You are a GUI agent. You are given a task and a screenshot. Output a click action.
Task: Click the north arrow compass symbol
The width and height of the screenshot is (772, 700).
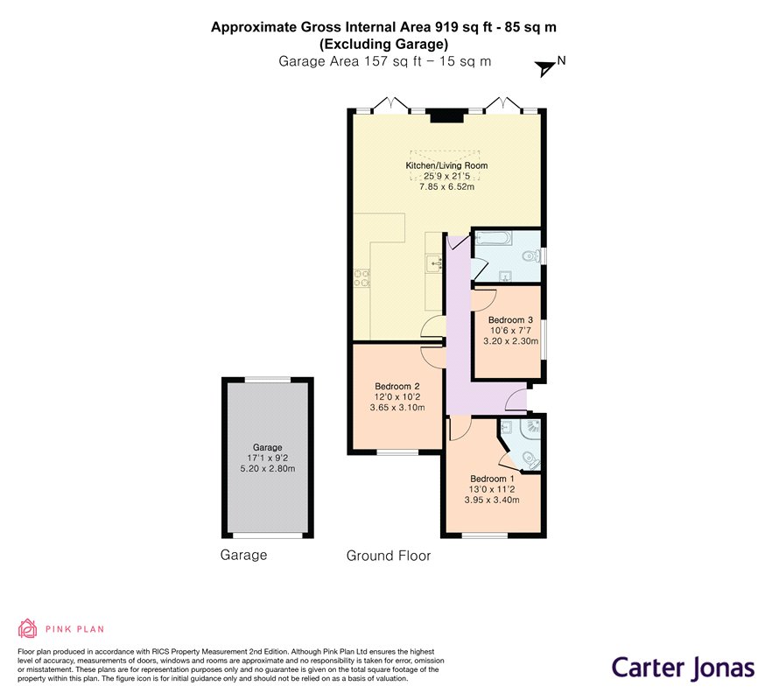point(545,68)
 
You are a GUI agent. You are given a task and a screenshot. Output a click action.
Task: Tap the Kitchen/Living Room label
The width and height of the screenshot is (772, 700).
point(446,165)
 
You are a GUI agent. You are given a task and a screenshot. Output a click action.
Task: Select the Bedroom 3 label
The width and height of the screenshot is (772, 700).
point(510,320)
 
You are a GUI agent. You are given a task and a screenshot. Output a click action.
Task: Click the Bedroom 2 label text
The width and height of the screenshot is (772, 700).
point(397,387)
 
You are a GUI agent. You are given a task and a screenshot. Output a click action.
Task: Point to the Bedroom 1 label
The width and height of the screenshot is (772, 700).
point(492,479)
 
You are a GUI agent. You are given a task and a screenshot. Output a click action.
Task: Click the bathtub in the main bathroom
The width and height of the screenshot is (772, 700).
point(492,239)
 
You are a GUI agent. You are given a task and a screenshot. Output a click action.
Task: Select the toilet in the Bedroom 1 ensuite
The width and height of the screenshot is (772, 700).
point(531,460)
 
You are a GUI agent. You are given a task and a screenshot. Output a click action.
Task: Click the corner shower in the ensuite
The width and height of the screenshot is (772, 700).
point(531,427)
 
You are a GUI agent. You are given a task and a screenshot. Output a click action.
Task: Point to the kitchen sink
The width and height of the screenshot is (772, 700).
point(434,264)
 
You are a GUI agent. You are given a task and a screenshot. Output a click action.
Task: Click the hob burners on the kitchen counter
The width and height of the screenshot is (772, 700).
point(361,277)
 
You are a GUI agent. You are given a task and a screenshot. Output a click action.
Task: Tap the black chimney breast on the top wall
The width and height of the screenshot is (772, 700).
point(447,115)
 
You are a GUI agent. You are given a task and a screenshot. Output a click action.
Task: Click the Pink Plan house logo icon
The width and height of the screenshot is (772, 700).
point(28,628)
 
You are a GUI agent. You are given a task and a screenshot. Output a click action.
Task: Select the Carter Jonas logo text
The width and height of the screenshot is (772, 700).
point(684,668)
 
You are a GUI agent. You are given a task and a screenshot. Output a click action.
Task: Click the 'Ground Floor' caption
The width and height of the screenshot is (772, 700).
point(389,556)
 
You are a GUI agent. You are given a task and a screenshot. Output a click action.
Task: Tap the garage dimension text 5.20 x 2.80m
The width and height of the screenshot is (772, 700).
point(268,469)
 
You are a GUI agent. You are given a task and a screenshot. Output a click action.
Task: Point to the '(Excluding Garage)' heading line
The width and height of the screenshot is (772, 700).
point(384,45)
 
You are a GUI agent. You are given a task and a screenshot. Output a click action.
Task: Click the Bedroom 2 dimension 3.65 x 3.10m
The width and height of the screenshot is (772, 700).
point(397,408)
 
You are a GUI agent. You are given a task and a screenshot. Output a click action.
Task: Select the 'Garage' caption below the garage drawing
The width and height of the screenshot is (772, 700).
point(243,555)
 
